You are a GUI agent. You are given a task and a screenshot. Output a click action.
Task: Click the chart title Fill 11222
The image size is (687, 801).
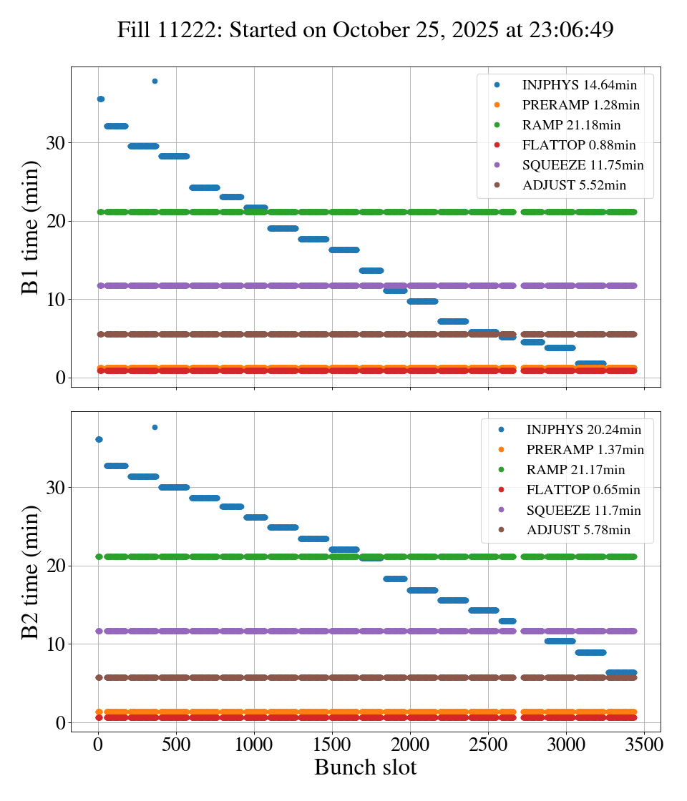click(365, 30)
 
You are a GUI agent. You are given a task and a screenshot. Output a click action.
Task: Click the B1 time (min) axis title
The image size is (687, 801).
click(31, 227)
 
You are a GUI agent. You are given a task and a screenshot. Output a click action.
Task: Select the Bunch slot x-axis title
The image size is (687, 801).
click(365, 767)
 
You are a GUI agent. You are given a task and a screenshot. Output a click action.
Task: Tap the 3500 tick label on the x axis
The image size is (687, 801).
click(644, 744)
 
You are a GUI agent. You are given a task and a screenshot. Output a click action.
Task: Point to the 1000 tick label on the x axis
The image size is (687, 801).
click(254, 744)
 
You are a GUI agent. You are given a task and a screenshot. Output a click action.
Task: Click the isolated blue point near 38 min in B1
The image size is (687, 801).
click(155, 81)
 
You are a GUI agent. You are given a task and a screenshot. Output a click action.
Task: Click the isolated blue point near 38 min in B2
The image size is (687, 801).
click(155, 427)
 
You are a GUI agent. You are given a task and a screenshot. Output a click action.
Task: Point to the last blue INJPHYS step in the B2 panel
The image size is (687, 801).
click(621, 673)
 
